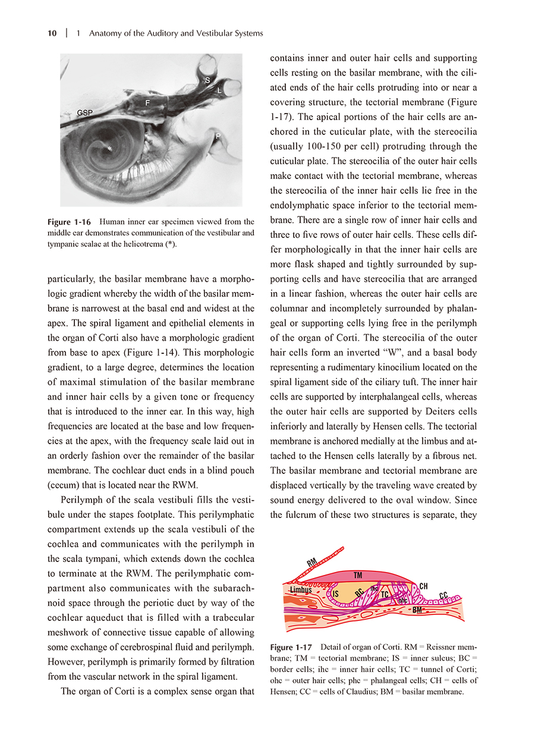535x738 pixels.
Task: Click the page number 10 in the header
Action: (52, 33)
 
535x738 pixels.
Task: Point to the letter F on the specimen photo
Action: (147, 103)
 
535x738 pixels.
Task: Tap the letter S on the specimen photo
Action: (207, 80)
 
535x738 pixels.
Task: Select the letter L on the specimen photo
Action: (219, 90)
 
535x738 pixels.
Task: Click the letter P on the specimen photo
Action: (218, 137)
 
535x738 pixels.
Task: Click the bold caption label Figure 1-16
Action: (69, 222)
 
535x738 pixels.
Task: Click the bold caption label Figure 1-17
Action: (291, 647)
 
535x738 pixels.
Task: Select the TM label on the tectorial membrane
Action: (358, 575)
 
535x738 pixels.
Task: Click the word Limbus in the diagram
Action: (301, 589)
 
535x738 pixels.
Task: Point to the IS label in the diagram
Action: (335, 593)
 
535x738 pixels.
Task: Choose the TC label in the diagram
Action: (385, 594)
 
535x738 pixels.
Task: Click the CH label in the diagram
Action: (424, 586)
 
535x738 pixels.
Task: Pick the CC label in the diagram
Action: (443, 595)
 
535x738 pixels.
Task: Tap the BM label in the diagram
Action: (418, 610)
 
